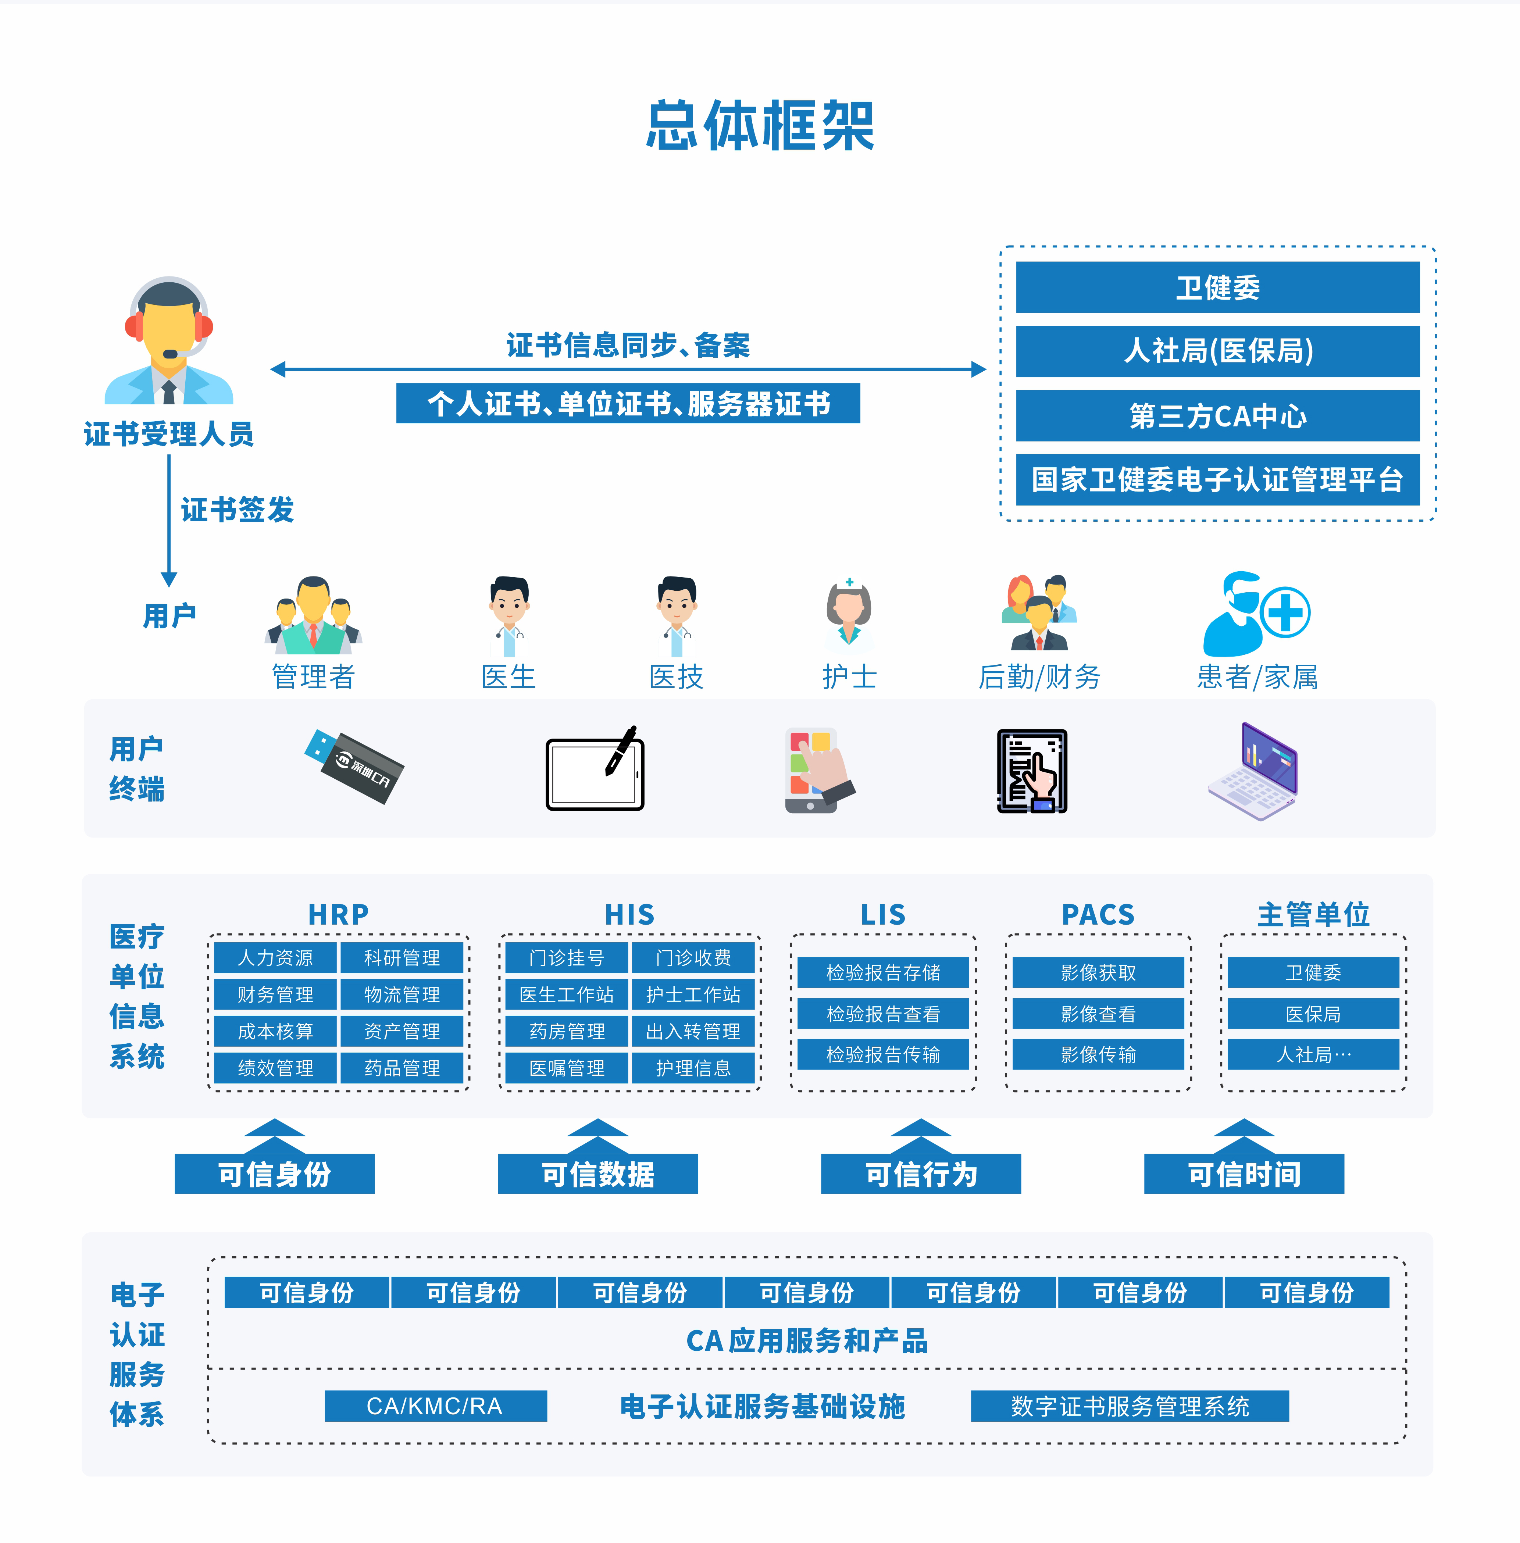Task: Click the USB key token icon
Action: (354, 766)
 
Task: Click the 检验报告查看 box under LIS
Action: (883, 1014)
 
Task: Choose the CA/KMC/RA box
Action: (435, 1406)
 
